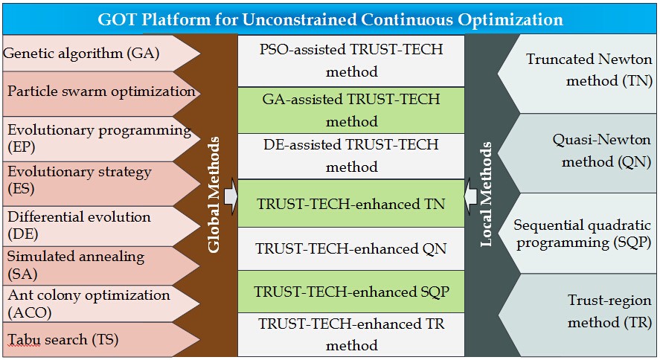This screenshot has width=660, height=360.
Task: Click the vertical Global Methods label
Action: pyautogui.click(x=214, y=195)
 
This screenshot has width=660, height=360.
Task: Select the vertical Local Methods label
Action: pyautogui.click(x=486, y=194)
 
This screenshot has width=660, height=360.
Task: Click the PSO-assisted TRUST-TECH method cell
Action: pyautogui.click(x=351, y=60)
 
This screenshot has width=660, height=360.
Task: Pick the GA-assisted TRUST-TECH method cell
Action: pyautogui.click(x=351, y=110)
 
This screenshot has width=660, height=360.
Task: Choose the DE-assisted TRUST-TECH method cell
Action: pyautogui.click(x=351, y=156)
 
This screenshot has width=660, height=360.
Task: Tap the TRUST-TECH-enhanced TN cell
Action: pyautogui.click(x=351, y=204)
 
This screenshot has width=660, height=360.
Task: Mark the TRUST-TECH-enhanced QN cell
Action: pyautogui.click(x=351, y=249)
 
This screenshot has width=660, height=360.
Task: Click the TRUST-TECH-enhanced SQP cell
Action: pyautogui.click(x=351, y=292)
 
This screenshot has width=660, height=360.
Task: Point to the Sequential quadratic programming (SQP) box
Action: pyautogui.click(x=577, y=234)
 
